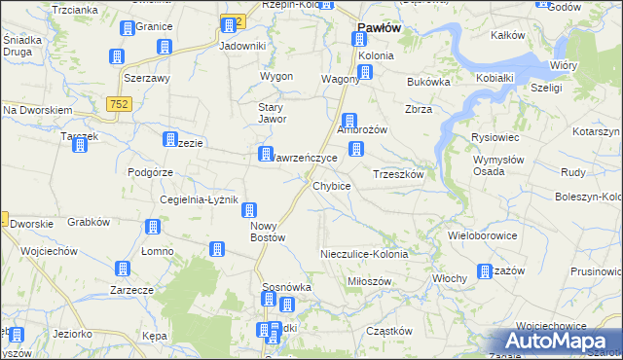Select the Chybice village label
pyautogui.click(x=331, y=186)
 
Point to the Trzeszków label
pyautogui.click(x=398, y=174)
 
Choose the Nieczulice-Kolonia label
pyautogui.click(x=364, y=254)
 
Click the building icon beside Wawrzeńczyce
pyautogui.click(x=265, y=154)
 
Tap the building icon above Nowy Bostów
pyautogui.click(x=250, y=210)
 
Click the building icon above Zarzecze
pyautogui.click(x=122, y=270)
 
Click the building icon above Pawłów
pyautogui.click(x=359, y=40)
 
